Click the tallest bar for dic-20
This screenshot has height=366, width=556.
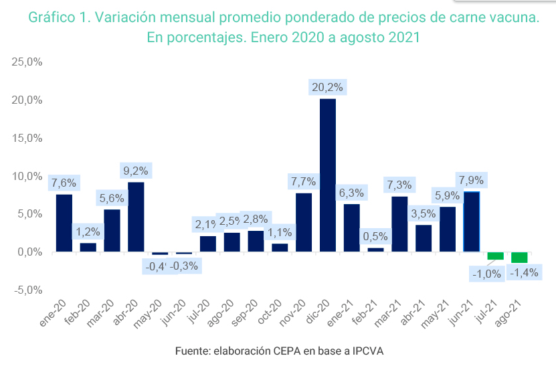click(328, 175)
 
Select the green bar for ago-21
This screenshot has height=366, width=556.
click(519, 258)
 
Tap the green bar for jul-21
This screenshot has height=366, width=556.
click(496, 256)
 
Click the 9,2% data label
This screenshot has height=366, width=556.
click(136, 171)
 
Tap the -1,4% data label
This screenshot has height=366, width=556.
click(524, 273)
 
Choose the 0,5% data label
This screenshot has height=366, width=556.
click(375, 236)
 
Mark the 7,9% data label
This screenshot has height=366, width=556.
click(472, 180)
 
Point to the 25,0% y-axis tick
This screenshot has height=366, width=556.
click(27, 62)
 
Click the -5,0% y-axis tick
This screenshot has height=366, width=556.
click(27, 290)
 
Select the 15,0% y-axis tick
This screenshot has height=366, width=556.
click(27, 139)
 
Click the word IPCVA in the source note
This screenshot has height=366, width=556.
click(363, 351)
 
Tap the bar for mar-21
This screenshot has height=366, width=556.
click(399, 223)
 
